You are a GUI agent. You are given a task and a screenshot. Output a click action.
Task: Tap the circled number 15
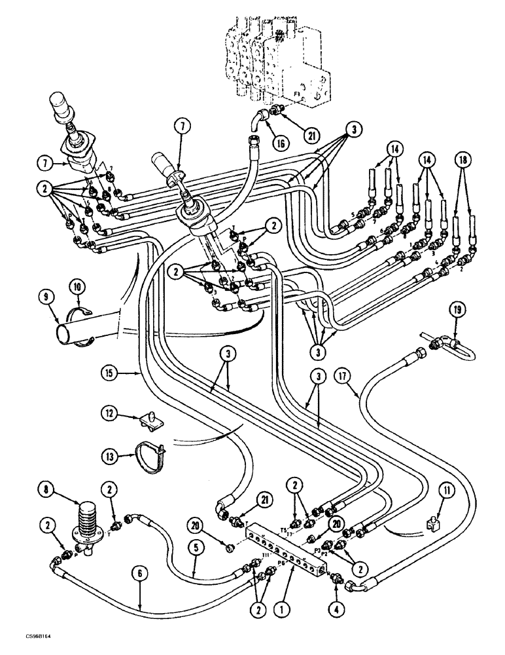pyautogui.click(x=111, y=373)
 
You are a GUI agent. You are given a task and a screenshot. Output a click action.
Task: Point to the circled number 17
pyautogui.click(x=341, y=376)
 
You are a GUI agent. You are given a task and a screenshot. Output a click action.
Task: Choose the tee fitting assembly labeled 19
pyautogui.click(x=447, y=343)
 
